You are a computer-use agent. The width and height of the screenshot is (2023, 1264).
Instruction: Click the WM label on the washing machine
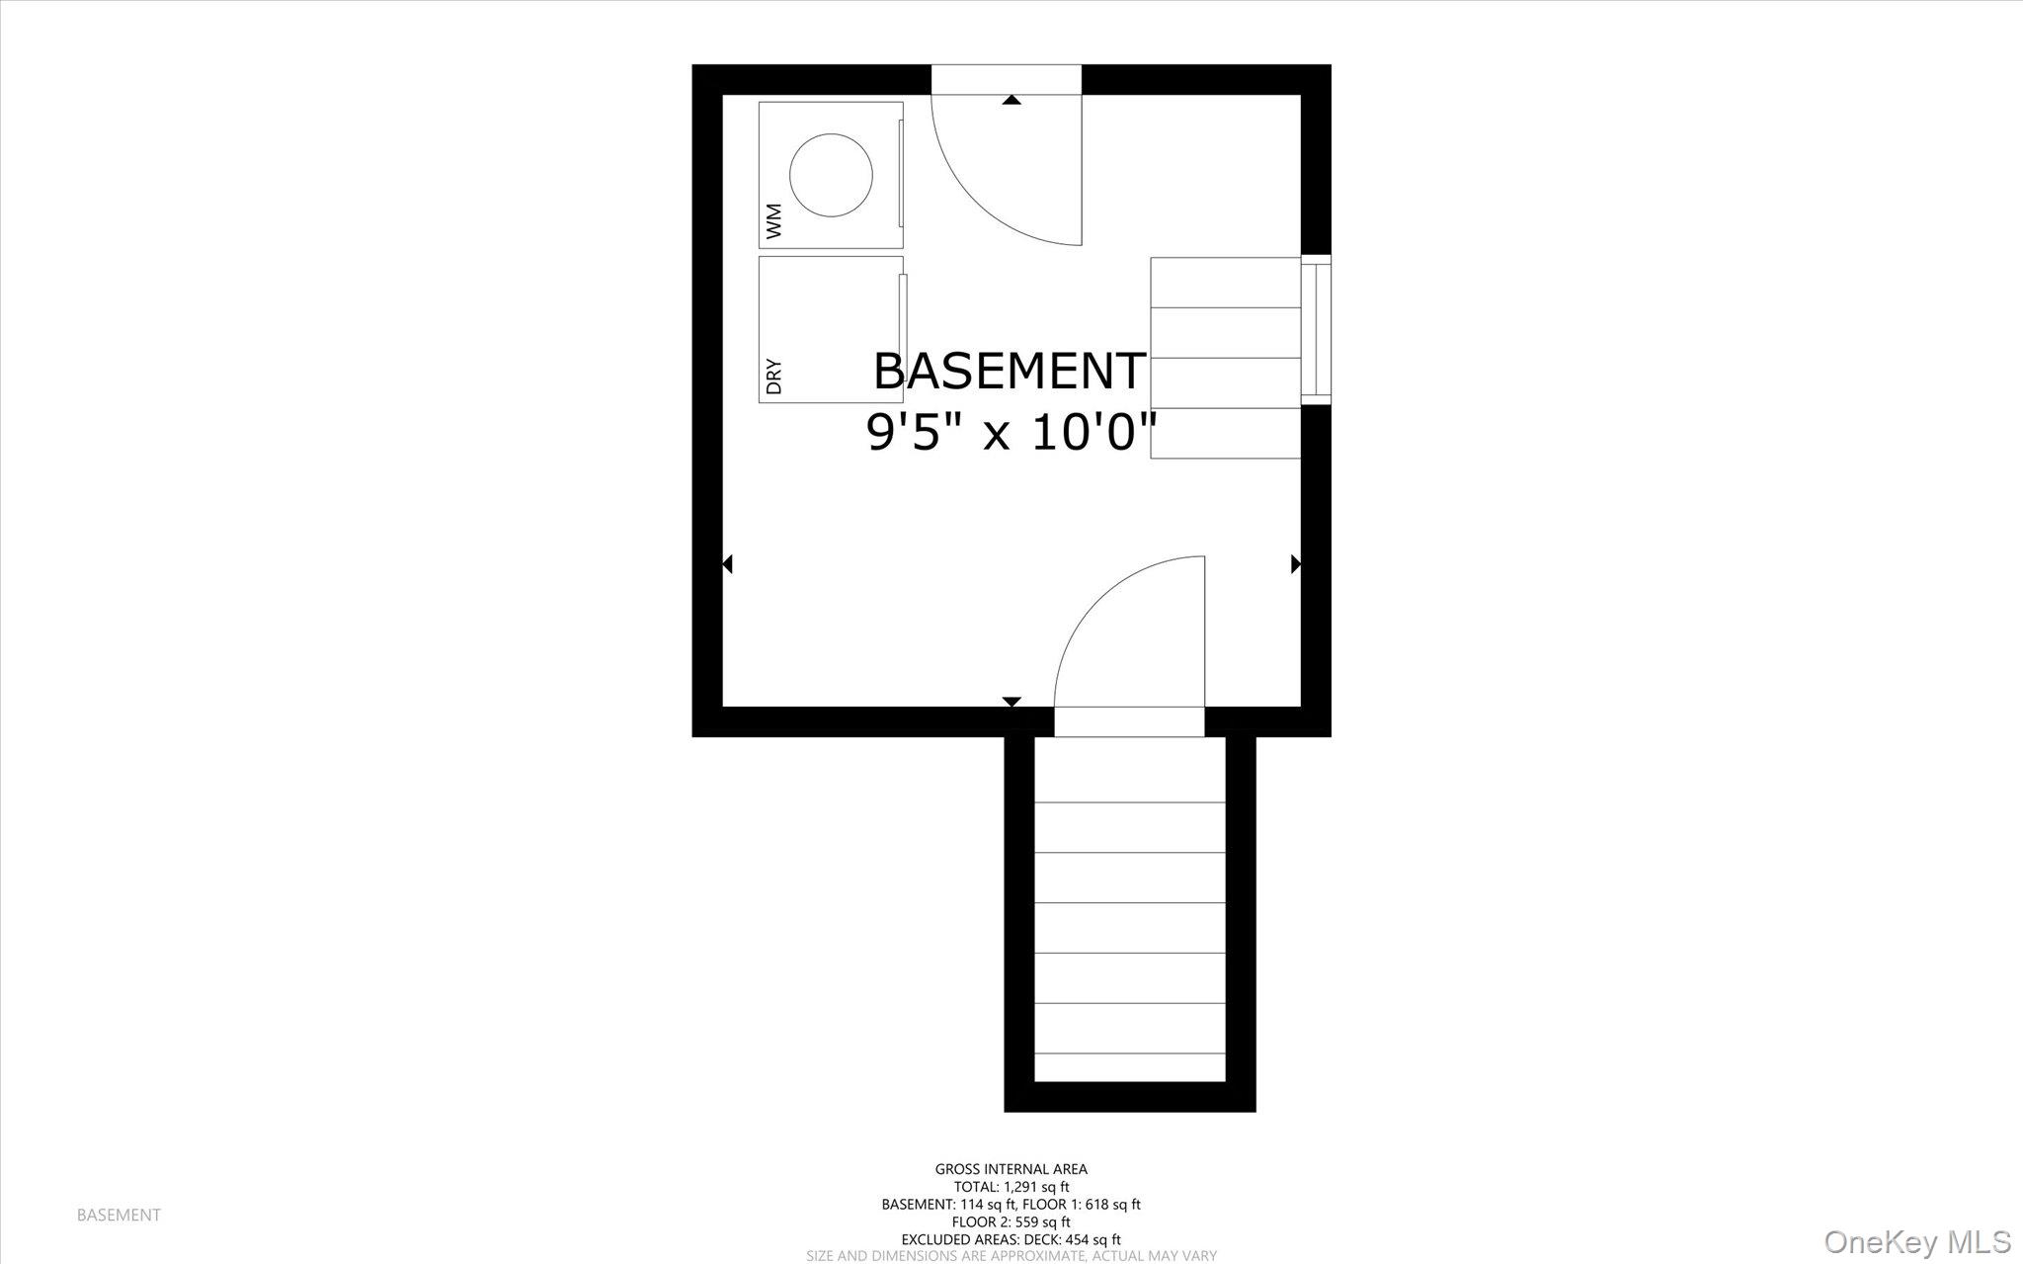[773, 221]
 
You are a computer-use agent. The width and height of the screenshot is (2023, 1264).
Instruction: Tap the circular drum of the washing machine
[831, 176]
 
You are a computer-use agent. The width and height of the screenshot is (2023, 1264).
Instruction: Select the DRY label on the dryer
[773, 377]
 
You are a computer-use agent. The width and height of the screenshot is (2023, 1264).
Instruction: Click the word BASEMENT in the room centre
[1009, 372]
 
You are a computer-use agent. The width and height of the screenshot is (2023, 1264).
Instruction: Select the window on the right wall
[1315, 330]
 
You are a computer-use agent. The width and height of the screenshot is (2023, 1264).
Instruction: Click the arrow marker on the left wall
[727, 564]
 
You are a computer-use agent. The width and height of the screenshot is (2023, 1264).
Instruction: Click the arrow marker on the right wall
[1296, 564]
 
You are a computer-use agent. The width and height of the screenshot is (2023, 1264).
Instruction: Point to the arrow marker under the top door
[1011, 100]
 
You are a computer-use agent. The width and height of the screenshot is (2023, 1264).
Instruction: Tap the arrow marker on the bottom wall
[1011, 702]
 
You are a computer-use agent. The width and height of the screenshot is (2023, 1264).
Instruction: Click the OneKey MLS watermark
[1917, 1241]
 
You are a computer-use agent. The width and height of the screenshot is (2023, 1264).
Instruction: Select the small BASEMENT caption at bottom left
[119, 1215]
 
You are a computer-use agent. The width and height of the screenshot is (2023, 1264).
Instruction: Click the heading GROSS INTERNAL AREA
[1011, 1169]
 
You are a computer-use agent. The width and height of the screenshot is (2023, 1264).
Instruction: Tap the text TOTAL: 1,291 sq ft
[1011, 1187]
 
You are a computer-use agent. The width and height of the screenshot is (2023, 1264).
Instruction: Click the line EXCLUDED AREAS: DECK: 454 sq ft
[1011, 1239]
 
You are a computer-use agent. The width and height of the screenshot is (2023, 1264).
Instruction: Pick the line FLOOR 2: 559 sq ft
[1011, 1222]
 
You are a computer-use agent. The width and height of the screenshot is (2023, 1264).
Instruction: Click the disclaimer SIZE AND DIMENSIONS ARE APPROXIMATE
[1011, 1256]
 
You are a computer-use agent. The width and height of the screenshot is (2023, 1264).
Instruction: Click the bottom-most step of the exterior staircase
[1130, 1067]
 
